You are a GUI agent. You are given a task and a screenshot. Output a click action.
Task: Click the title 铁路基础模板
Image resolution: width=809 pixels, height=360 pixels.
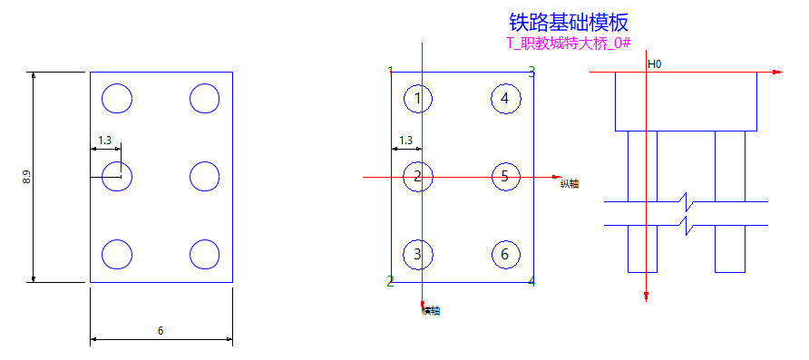click(569, 21)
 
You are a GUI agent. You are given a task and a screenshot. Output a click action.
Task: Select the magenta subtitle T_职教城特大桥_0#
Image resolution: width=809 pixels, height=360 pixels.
click(569, 44)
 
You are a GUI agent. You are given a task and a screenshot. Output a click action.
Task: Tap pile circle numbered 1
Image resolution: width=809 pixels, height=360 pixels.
click(417, 98)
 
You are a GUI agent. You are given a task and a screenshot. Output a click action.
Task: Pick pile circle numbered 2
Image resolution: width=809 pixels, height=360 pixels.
click(417, 176)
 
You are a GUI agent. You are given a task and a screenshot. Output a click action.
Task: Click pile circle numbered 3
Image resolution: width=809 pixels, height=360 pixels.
click(417, 254)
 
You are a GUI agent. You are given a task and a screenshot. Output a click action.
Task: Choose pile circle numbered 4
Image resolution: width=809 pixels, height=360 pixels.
click(505, 98)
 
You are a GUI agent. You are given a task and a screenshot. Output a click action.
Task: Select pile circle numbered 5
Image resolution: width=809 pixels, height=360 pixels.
click(505, 176)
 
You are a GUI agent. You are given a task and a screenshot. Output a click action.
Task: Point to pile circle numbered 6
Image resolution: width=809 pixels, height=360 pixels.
click(505, 254)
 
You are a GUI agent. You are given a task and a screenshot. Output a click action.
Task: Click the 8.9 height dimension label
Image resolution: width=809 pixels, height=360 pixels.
click(27, 178)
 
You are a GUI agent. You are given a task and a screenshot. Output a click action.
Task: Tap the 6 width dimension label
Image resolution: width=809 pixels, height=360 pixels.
click(161, 331)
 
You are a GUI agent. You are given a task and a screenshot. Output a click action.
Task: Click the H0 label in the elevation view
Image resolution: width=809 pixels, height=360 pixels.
click(654, 64)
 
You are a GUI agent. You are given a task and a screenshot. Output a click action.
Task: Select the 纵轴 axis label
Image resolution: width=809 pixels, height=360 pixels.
click(570, 184)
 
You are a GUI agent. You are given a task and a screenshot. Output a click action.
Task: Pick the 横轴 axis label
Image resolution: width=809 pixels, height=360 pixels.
click(432, 311)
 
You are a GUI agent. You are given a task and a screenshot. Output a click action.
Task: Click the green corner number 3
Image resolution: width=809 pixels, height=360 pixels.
click(531, 70)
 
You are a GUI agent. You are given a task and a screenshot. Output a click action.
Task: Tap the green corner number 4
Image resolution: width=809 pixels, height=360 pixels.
click(531, 282)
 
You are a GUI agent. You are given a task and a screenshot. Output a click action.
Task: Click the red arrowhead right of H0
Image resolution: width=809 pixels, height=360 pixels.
click(775, 72)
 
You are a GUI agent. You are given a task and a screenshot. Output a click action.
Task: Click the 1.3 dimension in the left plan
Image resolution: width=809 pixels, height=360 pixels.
click(104, 141)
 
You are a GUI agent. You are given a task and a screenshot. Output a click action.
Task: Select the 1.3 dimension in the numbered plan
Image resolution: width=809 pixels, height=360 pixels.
click(405, 141)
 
